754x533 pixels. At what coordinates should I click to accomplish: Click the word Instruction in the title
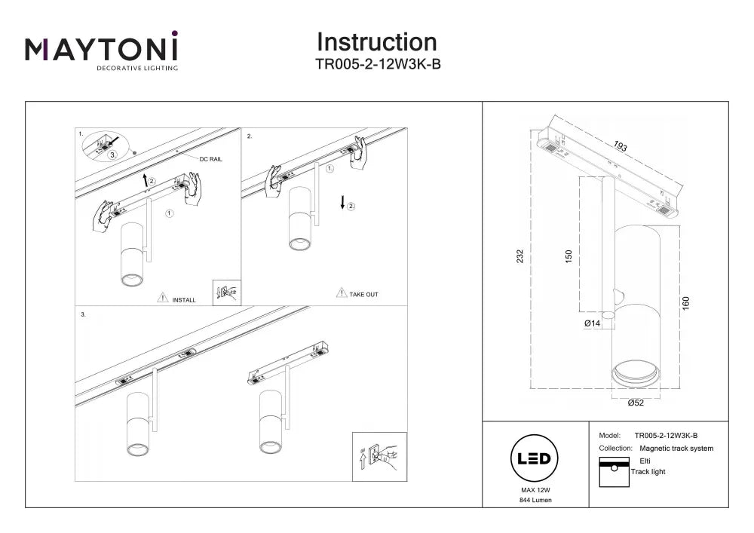tap(377, 42)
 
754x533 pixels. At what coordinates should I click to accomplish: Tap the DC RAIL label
tap(210, 159)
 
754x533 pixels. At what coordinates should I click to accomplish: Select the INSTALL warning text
tap(184, 300)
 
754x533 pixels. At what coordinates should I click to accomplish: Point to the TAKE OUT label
tap(363, 294)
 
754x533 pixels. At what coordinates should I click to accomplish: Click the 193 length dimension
tap(621, 146)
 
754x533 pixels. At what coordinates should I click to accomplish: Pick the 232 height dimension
tap(520, 256)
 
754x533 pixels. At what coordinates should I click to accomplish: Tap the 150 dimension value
tap(569, 256)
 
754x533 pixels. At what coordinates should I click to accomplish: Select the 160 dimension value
tap(685, 303)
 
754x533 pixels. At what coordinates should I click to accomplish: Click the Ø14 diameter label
tap(592, 323)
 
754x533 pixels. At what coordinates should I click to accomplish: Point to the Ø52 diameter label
tap(635, 403)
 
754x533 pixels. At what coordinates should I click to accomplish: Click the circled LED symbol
tap(534, 458)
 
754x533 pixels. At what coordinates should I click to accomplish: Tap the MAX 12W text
tap(535, 490)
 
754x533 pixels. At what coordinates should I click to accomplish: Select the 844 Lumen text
tap(535, 500)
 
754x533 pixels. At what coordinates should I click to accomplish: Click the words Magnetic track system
tap(676, 449)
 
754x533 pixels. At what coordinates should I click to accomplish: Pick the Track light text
tap(648, 471)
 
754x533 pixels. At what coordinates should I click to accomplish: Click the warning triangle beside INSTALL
tap(163, 298)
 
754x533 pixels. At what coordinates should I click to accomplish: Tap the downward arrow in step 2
tap(342, 202)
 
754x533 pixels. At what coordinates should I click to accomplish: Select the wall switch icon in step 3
tap(379, 457)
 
